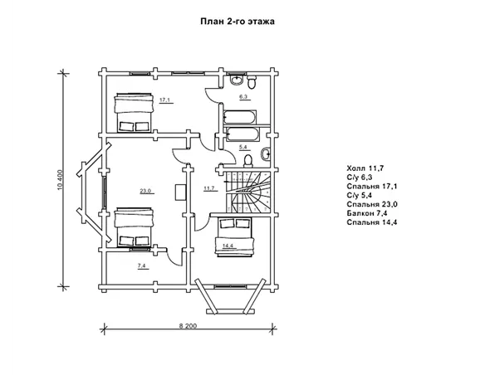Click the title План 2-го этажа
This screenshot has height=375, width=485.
tap(238, 22)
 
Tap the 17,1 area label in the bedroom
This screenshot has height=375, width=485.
tap(164, 100)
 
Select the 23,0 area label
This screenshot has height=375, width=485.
tap(145, 191)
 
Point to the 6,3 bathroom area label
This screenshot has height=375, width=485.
tap(243, 97)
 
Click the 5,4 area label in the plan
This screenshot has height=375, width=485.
tap(243, 148)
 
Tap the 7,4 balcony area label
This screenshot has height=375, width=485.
tap(142, 265)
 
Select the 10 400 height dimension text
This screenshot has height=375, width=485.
tap(61, 180)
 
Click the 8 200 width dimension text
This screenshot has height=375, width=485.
tap(188, 326)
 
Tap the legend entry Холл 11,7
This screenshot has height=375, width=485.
tap(365, 168)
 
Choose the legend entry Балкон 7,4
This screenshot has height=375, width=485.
tap(367, 213)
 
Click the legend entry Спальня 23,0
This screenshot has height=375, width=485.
tap(372, 204)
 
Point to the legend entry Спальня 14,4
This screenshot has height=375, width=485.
tap(372, 222)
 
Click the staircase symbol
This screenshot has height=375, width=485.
tap(247, 192)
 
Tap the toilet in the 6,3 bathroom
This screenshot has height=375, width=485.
tap(252, 82)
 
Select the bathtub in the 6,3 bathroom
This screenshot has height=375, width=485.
tap(239, 117)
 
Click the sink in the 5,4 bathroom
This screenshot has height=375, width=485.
tap(266, 154)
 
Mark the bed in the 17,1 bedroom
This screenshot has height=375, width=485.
tap(134, 112)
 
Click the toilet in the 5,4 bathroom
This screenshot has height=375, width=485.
tap(247, 161)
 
